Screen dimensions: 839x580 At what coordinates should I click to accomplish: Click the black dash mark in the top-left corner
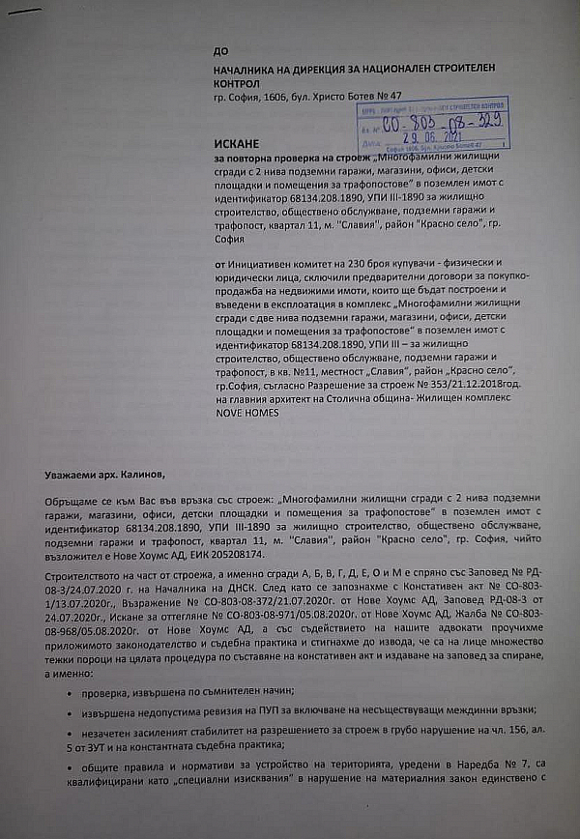pos(23,12)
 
